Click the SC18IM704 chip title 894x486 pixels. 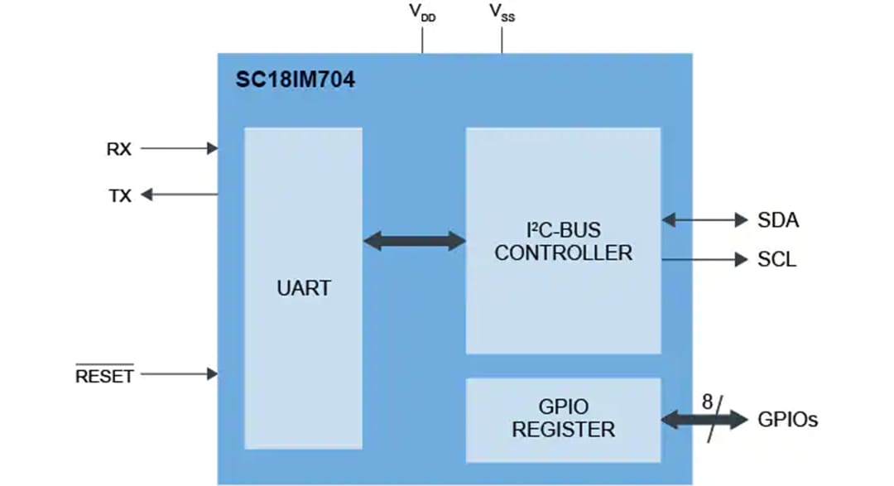(x=296, y=81)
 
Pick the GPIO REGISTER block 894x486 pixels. (x=563, y=419)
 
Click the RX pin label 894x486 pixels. (x=119, y=149)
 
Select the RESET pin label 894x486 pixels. (x=104, y=377)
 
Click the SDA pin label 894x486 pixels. (x=778, y=220)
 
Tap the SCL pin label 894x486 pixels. (x=777, y=260)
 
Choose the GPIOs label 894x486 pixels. (x=788, y=420)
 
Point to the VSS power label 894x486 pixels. (x=502, y=13)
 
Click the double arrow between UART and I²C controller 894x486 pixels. (x=414, y=241)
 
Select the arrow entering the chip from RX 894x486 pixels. (x=178, y=149)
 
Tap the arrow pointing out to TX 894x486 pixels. (x=178, y=195)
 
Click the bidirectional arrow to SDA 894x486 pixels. (x=704, y=220)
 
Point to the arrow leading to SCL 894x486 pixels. (x=704, y=260)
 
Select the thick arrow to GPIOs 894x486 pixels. (x=704, y=421)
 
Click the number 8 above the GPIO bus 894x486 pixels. (x=707, y=402)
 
